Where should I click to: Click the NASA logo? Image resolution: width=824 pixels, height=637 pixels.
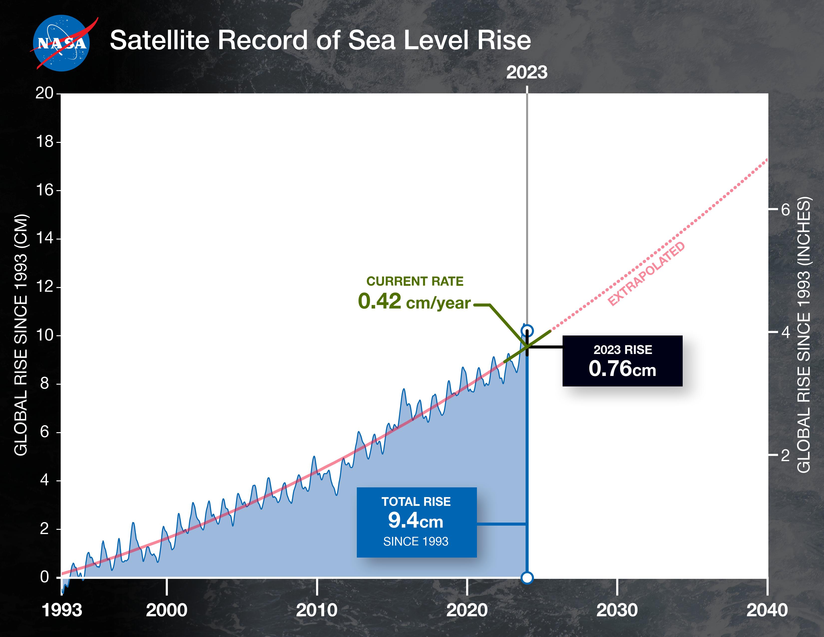61,43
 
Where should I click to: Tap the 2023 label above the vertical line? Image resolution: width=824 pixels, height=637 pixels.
527,72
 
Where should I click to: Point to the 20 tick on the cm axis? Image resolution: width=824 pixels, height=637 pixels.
44,93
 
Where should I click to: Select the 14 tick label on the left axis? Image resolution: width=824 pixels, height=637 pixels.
44,239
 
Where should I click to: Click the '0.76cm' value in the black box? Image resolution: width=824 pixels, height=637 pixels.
622,369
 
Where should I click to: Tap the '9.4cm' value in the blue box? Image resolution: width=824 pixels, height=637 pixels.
416,521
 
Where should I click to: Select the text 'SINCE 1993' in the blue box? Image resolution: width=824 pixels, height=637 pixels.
416,542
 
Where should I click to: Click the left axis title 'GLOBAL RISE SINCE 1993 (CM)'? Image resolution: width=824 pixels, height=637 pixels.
21,335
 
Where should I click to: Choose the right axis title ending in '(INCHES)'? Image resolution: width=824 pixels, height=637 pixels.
804,335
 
